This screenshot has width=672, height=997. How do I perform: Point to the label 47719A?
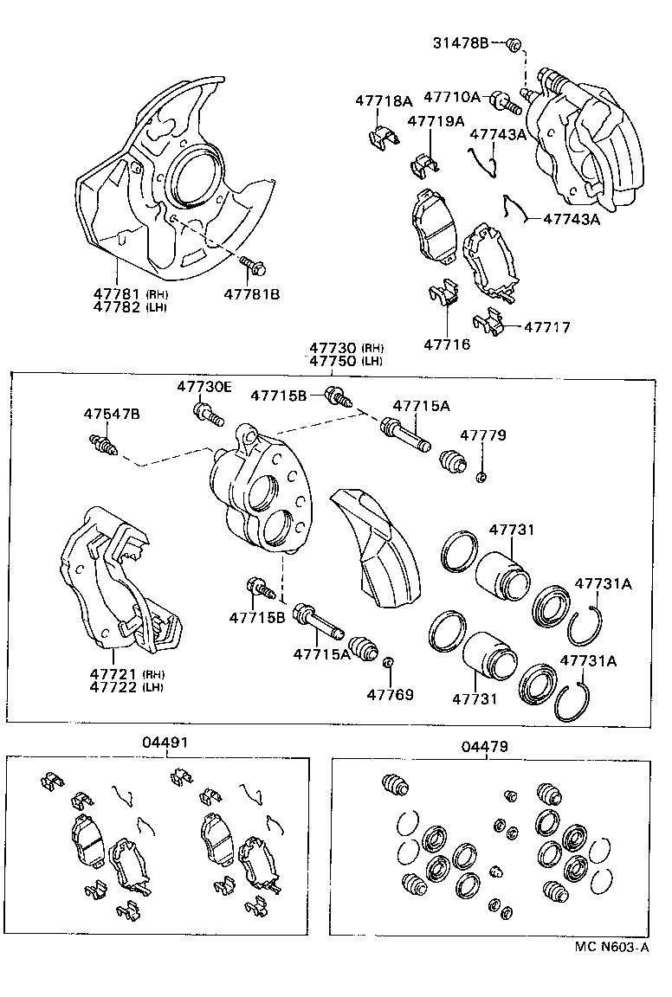(436, 121)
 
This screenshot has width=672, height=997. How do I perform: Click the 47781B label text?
(252, 294)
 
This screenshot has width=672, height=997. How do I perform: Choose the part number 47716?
(447, 344)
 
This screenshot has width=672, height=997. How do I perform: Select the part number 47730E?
(204, 387)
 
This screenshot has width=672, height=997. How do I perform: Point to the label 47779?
(482, 435)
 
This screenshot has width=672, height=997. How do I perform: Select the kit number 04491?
(165, 743)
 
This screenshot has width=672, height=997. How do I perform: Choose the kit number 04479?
(485, 746)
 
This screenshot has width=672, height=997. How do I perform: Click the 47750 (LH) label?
(346, 361)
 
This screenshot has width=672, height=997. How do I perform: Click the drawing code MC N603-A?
(611, 947)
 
